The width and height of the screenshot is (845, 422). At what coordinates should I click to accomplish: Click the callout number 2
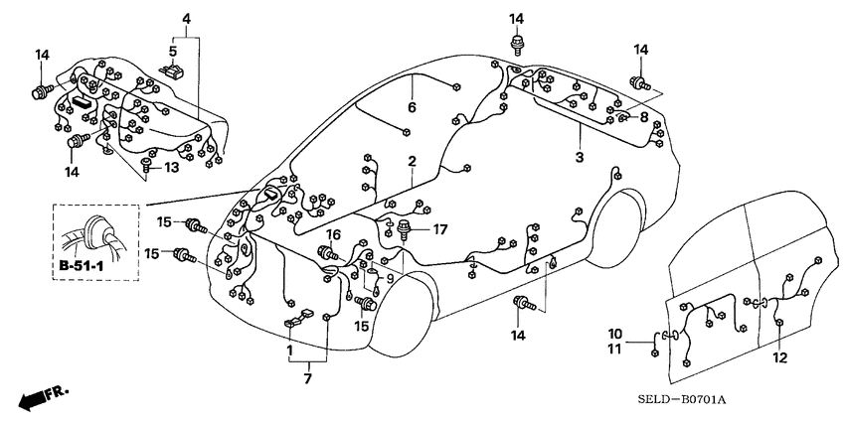point(411,161)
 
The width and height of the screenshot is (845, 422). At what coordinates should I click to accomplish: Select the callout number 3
point(580,158)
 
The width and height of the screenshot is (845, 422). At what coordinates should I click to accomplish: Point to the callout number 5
point(172,51)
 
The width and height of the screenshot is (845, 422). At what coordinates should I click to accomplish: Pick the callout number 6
point(411,107)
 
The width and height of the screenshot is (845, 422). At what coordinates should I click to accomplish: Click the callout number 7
point(308,377)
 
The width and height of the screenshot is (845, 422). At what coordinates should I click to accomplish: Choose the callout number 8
point(643,117)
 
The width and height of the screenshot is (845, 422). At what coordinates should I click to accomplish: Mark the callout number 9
point(391,279)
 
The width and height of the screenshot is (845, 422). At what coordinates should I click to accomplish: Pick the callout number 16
point(334,234)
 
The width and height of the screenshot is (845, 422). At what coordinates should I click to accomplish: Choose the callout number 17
point(440,229)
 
